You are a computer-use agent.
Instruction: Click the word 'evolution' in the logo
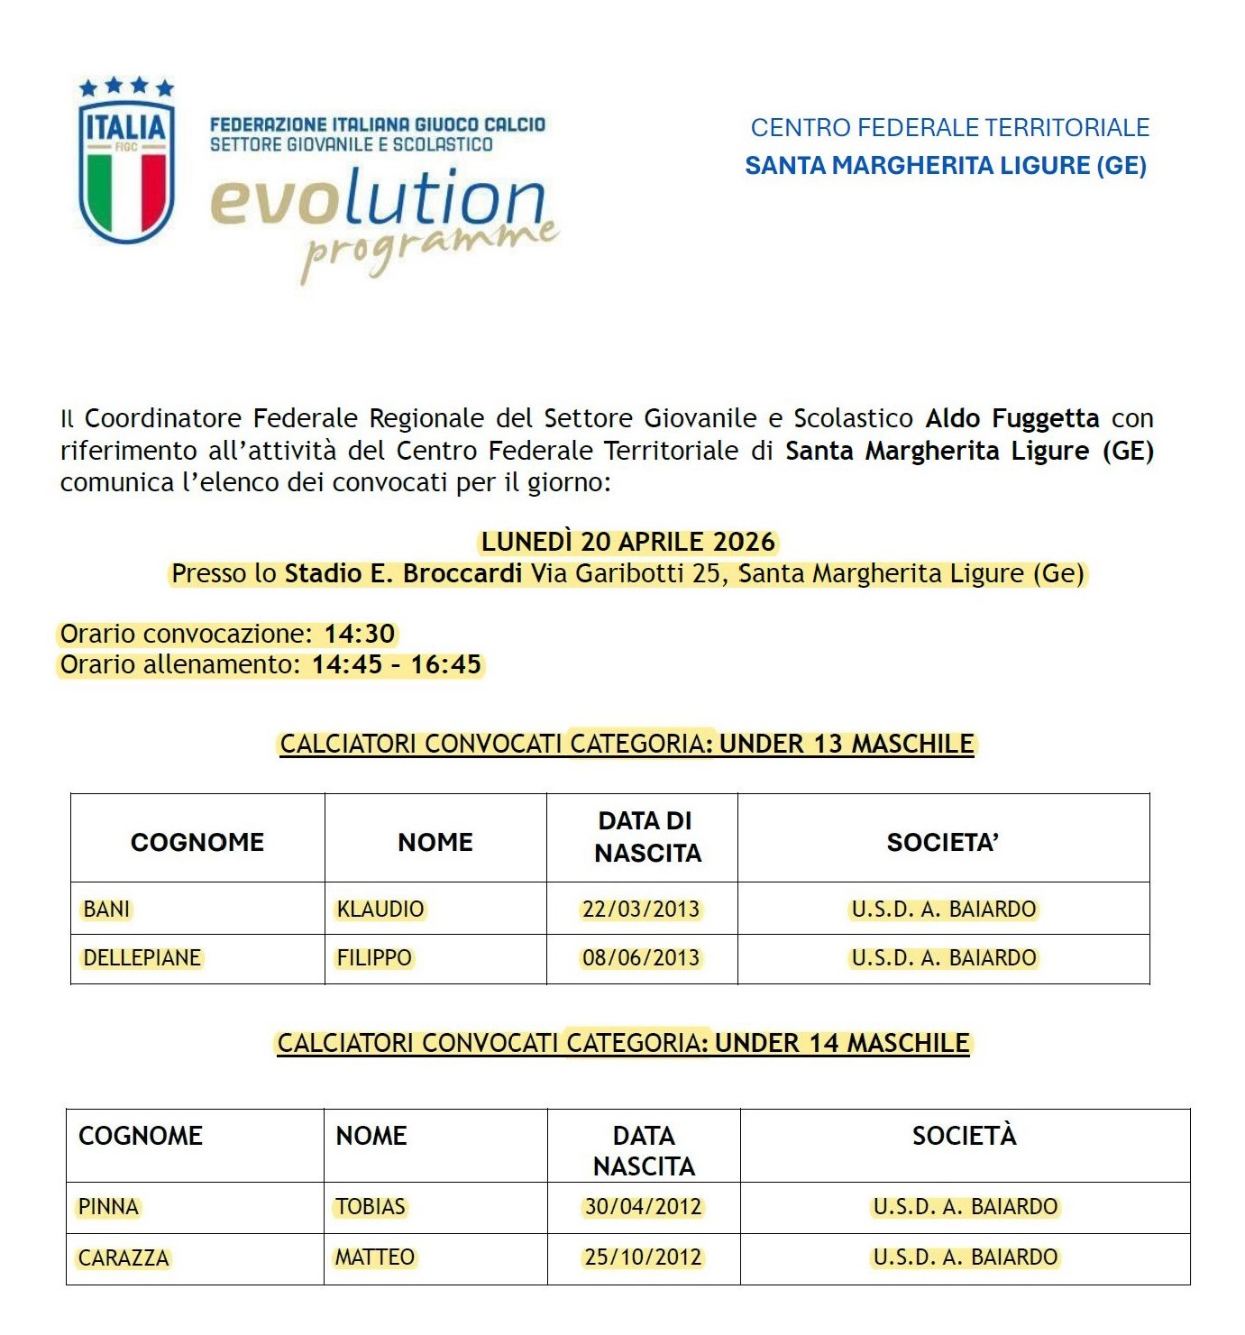click(379, 199)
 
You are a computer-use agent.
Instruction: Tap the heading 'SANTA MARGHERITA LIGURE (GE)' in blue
click(946, 166)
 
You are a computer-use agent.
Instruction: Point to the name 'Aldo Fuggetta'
click(1012, 418)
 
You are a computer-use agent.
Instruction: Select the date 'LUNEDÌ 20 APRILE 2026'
click(627, 542)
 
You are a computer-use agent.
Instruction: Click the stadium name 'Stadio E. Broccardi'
click(403, 573)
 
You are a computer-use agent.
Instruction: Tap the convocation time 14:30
click(360, 634)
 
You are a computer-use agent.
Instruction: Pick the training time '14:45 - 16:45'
click(397, 665)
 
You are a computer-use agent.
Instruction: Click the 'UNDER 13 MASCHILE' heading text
click(847, 745)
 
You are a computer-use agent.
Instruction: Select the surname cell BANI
click(106, 909)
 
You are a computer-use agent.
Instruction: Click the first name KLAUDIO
click(380, 909)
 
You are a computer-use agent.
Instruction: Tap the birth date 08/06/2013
click(641, 957)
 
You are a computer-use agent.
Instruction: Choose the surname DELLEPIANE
click(142, 957)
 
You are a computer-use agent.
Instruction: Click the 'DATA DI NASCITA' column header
click(646, 837)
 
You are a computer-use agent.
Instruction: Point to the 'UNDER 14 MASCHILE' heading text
click(842, 1044)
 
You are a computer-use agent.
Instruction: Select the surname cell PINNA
click(108, 1207)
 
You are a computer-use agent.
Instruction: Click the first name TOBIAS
click(371, 1207)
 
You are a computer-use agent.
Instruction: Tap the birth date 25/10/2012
click(643, 1257)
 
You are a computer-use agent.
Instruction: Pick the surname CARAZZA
click(124, 1258)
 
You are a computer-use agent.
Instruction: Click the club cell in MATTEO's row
click(965, 1257)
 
